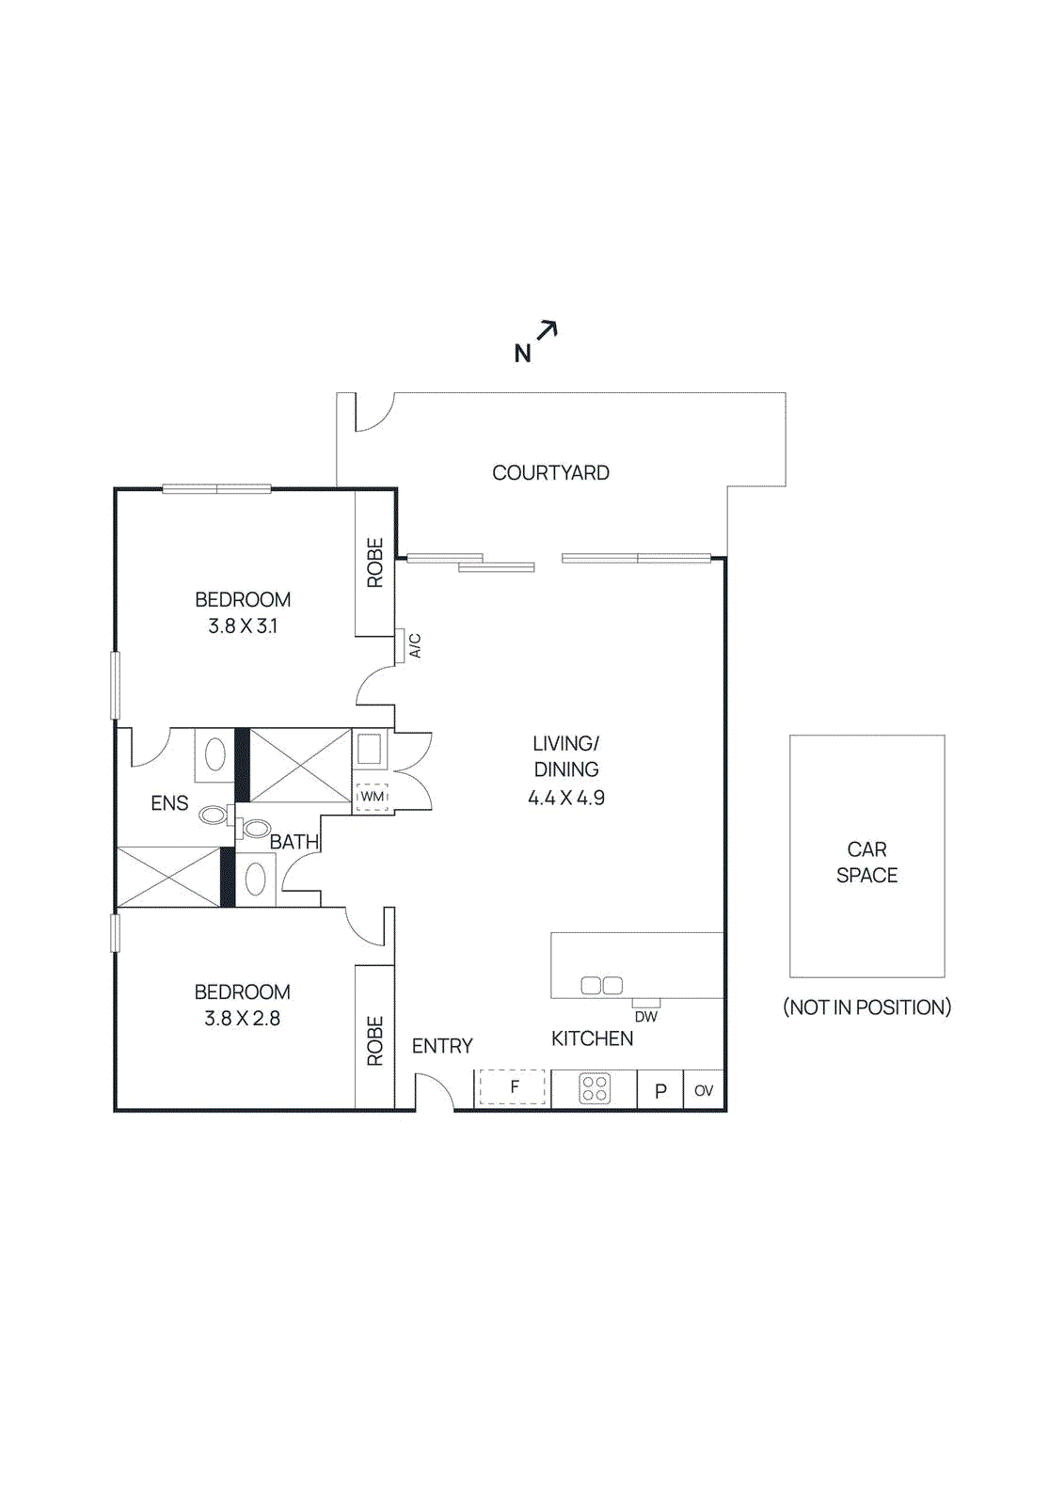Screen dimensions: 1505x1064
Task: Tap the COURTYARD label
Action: click(550, 473)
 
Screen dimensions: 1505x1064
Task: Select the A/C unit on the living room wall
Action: click(400, 645)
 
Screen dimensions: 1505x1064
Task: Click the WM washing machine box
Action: click(373, 797)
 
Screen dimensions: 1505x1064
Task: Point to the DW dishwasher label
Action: click(645, 1017)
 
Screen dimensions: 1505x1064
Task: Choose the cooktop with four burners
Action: click(595, 1088)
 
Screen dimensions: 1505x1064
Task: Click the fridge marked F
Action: click(513, 1087)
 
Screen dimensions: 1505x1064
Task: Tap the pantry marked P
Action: click(660, 1091)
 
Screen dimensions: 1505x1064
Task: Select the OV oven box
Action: click(704, 1091)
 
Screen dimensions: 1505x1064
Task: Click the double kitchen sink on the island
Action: click(602, 986)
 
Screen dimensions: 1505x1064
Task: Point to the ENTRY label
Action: click(442, 1046)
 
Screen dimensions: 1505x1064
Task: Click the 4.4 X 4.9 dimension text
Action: click(566, 798)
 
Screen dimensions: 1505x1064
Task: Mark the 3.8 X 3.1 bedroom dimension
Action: click(243, 626)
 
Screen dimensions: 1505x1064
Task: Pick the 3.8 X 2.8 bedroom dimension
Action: click(243, 1019)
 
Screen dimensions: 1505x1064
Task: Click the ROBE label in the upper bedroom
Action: click(375, 562)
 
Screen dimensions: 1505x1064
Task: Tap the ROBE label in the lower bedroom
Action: click(375, 1040)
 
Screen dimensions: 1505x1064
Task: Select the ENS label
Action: click(169, 803)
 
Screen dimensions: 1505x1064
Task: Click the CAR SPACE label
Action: click(866, 862)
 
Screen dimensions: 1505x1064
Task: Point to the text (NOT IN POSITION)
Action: click(866, 1007)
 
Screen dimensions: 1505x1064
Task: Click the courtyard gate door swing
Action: click(373, 414)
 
